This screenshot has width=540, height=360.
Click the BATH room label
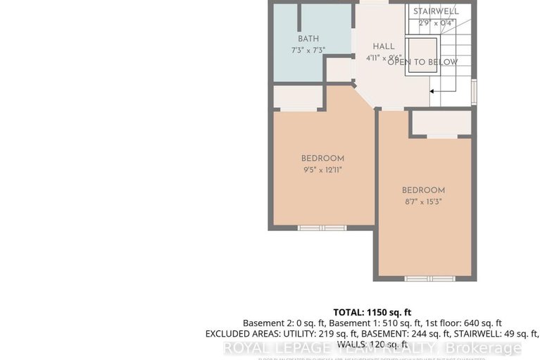pos(308,39)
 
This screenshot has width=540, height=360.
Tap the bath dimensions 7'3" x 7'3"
pos(308,51)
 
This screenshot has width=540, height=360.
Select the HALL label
pos(384,46)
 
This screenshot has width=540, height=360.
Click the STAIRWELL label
pos(436,12)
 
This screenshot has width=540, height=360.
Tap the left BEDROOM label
pos(322,159)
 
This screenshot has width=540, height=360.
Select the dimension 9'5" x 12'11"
pos(322,170)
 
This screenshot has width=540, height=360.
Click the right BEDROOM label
pos(423,190)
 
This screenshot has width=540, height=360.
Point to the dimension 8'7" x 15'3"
pos(423,201)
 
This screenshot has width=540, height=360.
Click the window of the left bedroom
pos(322,228)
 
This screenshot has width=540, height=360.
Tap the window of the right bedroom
pos(429,279)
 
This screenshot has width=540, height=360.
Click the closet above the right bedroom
pos(441,123)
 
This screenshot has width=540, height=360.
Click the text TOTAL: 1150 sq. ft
pos(372,311)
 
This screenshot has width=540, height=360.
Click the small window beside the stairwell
pos(474,92)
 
